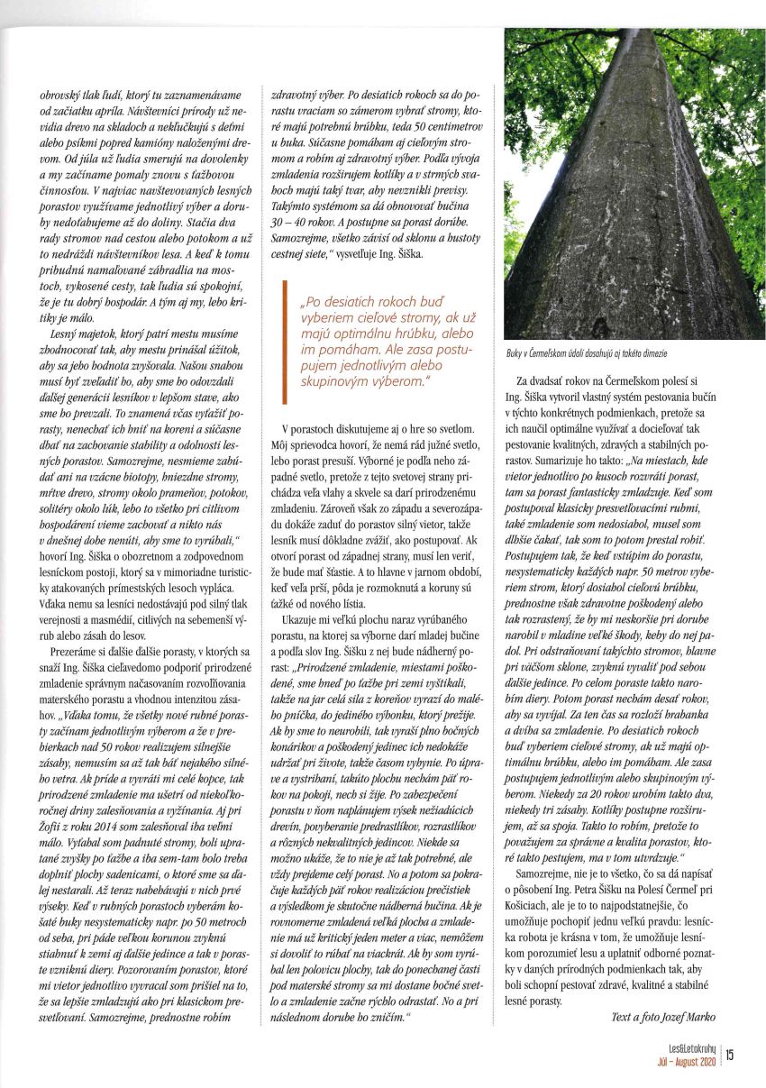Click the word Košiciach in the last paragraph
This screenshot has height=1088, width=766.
click(x=544, y=950)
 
